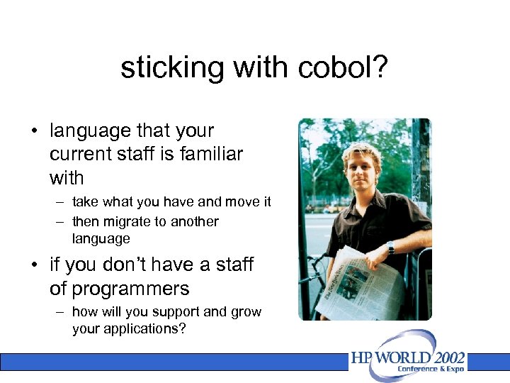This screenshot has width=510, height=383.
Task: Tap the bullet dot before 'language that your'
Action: pos(33,131)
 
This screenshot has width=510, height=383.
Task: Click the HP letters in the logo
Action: pos(363,358)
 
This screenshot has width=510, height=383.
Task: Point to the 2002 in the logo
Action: pos(446,357)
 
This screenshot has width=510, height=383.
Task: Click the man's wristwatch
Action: pos(390,246)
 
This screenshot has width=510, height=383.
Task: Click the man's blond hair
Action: pos(361,150)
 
